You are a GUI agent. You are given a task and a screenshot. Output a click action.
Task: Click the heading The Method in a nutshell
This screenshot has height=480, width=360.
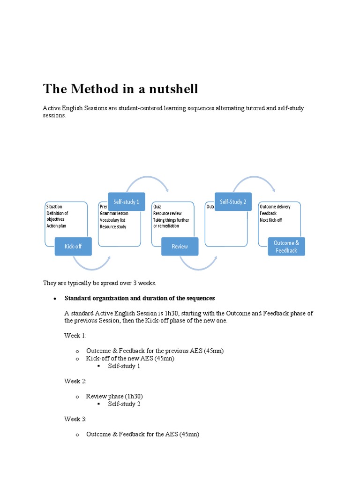tap(120, 89)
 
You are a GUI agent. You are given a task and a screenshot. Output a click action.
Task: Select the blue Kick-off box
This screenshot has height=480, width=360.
tap(73, 246)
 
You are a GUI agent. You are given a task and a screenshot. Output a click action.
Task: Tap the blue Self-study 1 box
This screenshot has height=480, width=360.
tap(127, 202)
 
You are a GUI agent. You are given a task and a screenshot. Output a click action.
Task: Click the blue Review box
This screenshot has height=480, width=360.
tap(180, 246)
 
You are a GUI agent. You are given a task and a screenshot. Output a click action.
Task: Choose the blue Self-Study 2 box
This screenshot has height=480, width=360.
tap(233, 202)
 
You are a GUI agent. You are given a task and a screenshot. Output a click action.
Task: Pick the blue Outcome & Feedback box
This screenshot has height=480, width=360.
tap(286, 246)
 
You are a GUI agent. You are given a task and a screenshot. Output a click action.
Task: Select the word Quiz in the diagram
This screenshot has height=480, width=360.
tap(157, 207)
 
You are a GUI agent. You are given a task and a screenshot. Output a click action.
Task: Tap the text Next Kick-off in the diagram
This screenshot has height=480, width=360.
tap(271, 220)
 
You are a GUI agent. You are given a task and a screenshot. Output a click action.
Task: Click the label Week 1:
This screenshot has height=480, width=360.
tap(75, 336)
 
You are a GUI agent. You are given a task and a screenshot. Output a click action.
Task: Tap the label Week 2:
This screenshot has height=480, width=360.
tap(75, 381)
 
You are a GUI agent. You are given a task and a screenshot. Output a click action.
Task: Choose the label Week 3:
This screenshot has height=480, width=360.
tap(75, 419)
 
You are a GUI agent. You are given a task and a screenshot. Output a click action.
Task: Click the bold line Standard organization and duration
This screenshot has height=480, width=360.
tap(140, 298)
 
